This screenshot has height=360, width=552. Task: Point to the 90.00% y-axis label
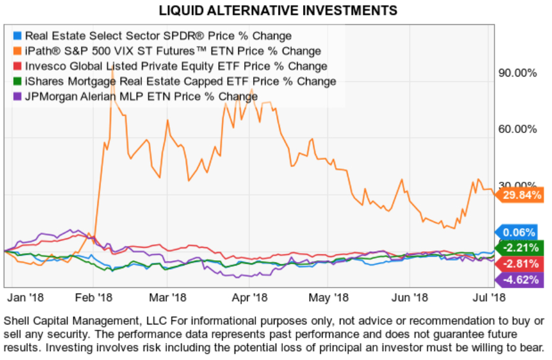coord(517,73)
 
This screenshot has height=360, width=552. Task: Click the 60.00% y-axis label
coord(517,130)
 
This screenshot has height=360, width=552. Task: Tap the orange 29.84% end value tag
coord(521,195)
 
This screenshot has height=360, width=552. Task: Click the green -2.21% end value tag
coord(520,248)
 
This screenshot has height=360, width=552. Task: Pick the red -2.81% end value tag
coord(520,264)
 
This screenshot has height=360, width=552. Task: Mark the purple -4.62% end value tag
coord(520,280)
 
